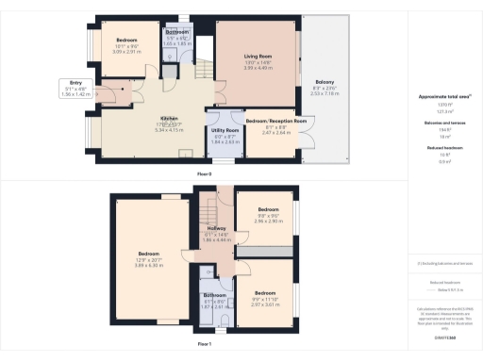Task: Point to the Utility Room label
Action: click(x=225, y=131)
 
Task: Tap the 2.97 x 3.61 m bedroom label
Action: click(x=268, y=295)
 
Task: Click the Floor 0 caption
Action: click(x=204, y=174)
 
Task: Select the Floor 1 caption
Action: click(x=204, y=345)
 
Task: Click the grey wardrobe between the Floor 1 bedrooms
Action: click(x=273, y=251)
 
